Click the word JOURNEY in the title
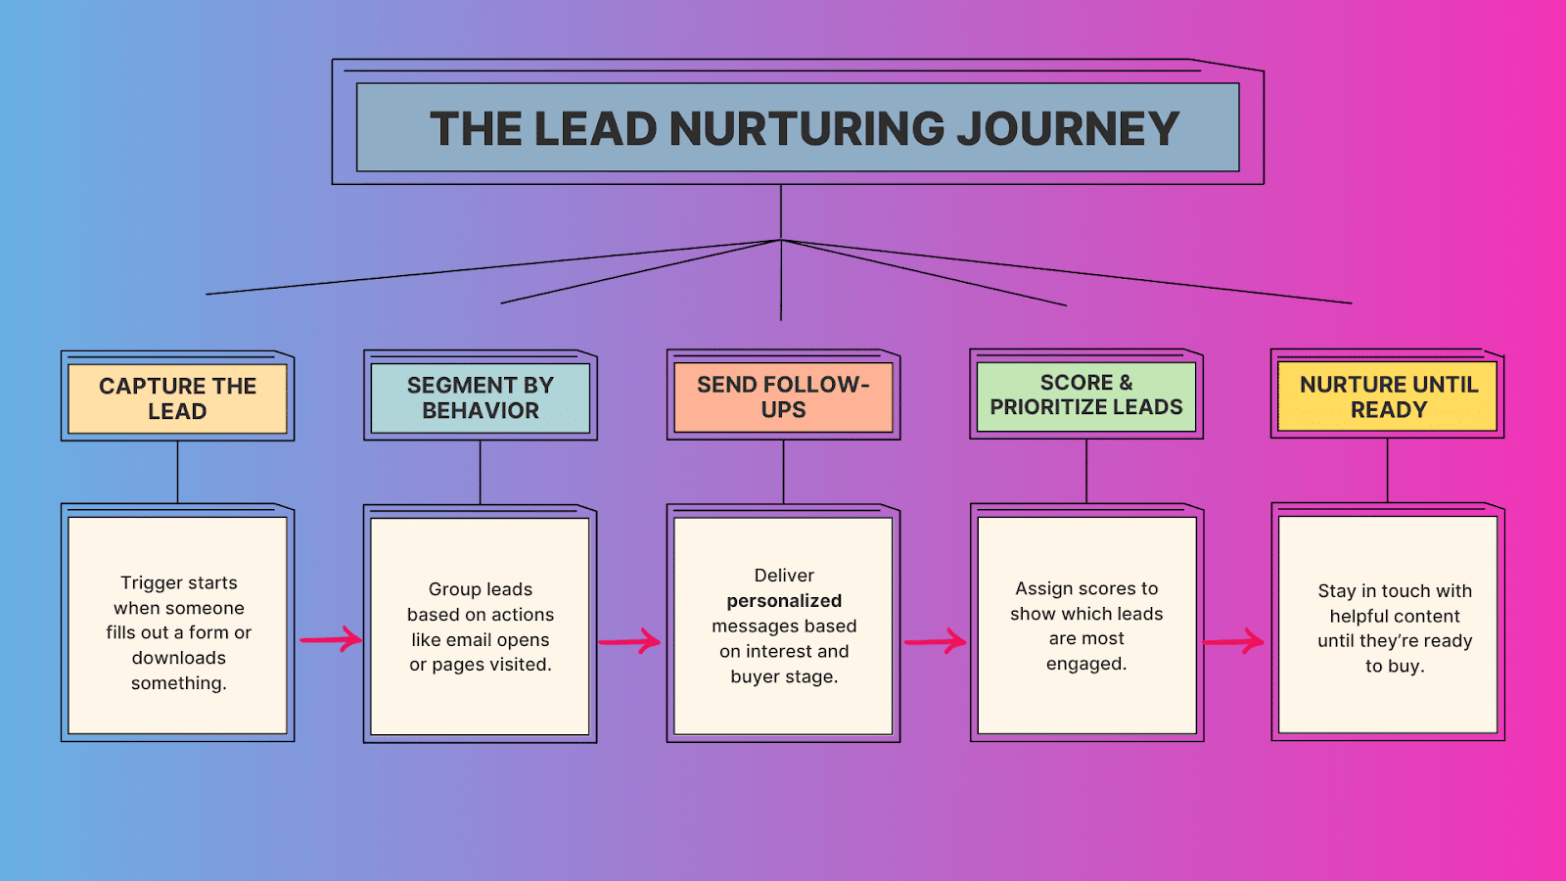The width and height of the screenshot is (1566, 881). (1067, 129)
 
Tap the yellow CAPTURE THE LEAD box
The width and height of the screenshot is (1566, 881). (177, 398)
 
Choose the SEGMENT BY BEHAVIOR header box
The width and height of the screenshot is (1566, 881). (480, 397)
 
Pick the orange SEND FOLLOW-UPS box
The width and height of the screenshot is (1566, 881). (783, 396)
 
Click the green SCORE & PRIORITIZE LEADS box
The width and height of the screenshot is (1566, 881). (1086, 394)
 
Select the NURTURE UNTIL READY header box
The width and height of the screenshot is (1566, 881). (1388, 396)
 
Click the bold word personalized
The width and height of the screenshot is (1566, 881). (784, 601)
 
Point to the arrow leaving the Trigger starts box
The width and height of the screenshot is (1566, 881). (330, 640)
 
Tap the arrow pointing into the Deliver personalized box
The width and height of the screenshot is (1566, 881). (629, 642)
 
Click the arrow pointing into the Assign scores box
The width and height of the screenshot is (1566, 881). (935, 642)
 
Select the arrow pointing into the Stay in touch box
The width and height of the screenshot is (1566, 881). (1233, 642)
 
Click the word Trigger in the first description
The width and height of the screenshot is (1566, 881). (151, 583)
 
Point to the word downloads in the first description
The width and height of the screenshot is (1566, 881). (179, 658)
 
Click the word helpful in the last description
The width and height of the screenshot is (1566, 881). (1359, 617)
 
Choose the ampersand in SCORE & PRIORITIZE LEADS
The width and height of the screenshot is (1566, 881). (1126, 383)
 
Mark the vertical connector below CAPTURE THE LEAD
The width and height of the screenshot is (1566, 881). (177, 472)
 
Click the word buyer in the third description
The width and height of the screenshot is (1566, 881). (754, 676)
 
